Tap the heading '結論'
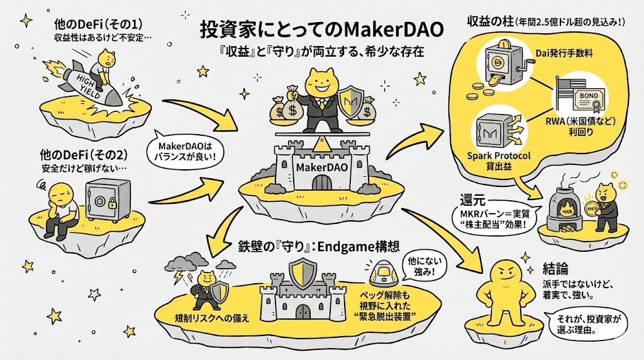coord(538,267)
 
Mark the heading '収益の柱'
coord(489,21)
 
